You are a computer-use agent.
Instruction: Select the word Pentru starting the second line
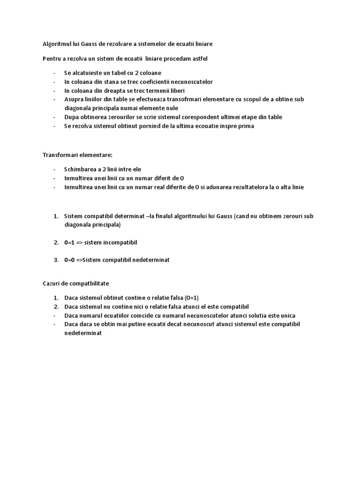click(52, 59)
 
